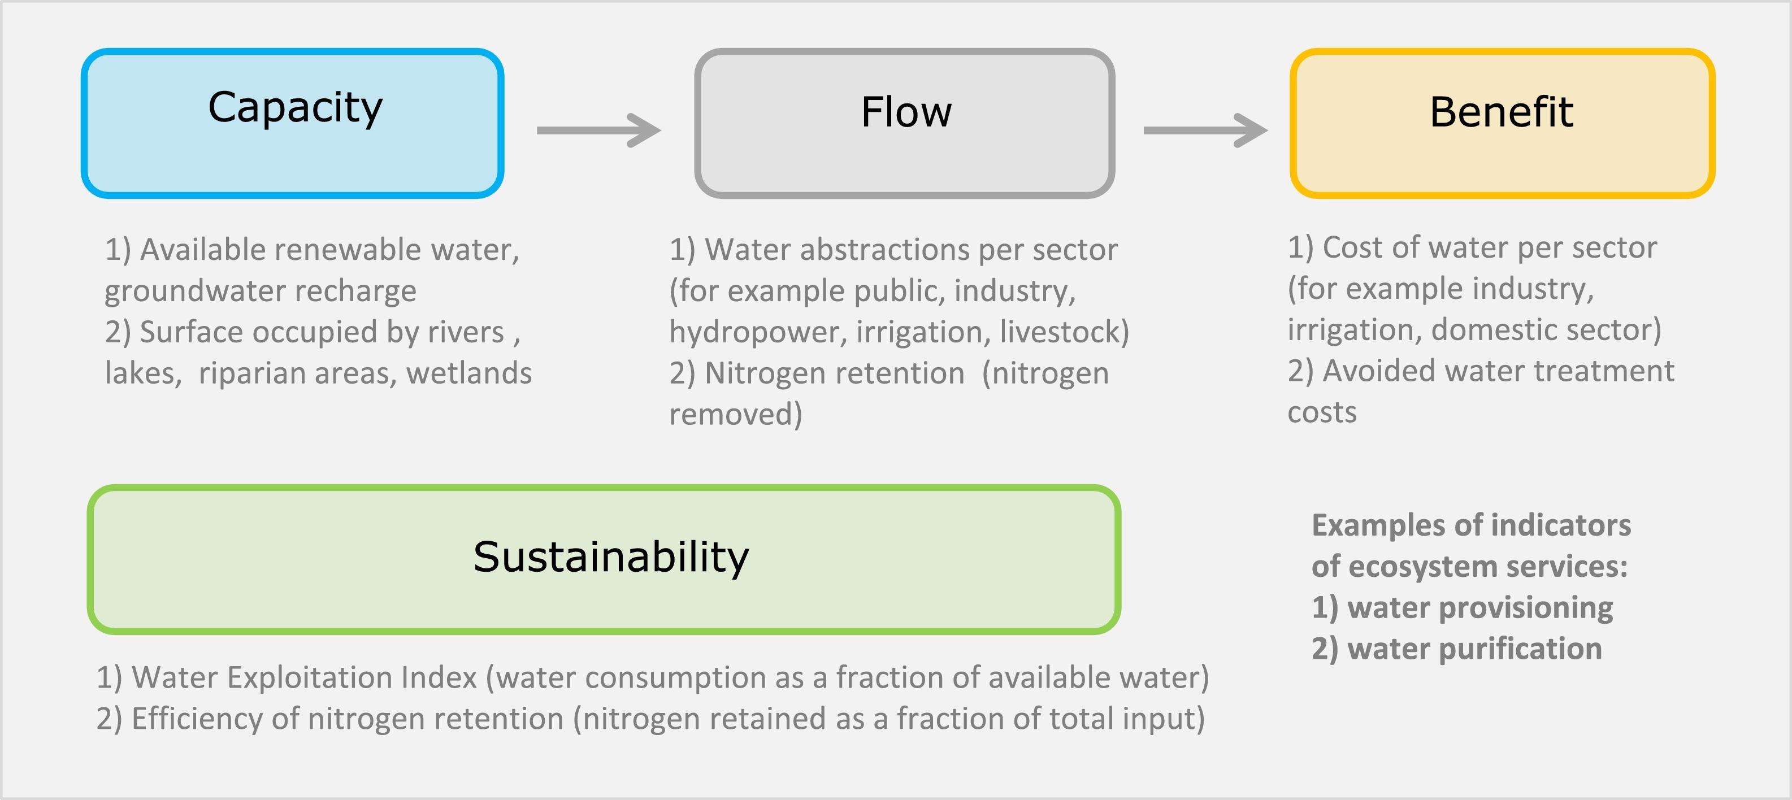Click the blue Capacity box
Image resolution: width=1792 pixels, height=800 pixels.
click(292, 123)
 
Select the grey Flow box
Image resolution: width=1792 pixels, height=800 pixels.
click(904, 123)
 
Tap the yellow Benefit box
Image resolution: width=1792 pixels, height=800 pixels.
click(1503, 123)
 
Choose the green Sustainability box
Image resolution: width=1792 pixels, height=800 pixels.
click(604, 559)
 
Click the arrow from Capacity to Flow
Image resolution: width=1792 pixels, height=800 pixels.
click(598, 130)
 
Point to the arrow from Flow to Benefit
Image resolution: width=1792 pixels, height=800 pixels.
click(1205, 130)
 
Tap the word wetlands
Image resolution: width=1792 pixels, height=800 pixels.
click(469, 373)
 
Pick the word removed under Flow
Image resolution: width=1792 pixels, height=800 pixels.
click(731, 415)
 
